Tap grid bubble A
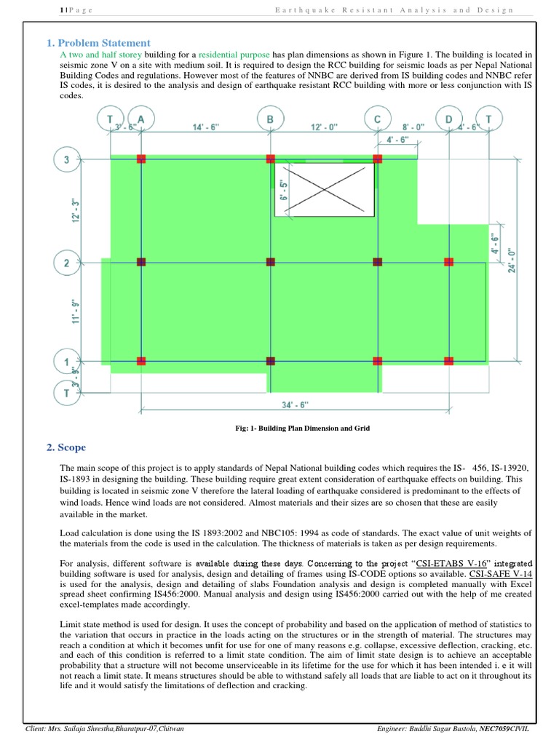[x=140, y=119]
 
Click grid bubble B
[x=270, y=119]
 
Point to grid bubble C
[x=377, y=119]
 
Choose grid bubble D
[x=448, y=119]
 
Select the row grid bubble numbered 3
[x=67, y=159]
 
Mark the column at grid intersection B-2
[x=270, y=260]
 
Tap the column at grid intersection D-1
[x=448, y=360]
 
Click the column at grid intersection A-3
[x=141, y=159]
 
